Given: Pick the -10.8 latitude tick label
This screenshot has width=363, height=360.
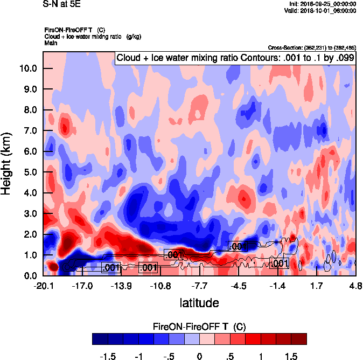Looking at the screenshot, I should (x=160, y=286).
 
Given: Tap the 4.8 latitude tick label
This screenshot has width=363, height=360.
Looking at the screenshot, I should (x=355, y=286).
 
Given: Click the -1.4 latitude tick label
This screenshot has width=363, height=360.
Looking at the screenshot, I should (x=278, y=286).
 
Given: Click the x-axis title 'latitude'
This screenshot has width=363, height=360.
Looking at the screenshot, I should (x=199, y=303).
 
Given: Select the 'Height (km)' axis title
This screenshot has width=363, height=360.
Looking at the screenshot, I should (x=6, y=163).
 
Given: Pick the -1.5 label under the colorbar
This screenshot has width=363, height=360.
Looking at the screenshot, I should (x=108, y=357).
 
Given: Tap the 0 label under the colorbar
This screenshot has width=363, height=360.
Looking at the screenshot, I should (x=199, y=357).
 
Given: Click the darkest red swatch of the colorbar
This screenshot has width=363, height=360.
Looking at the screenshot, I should (x=298, y=338).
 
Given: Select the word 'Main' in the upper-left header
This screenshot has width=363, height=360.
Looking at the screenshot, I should (x=51, y=42).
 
